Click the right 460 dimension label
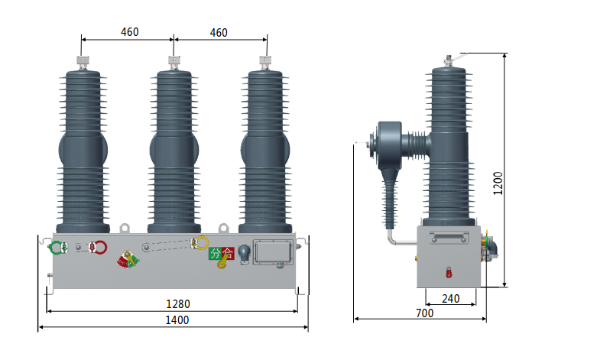219,32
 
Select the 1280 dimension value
178,303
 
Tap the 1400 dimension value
177,320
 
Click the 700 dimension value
424,313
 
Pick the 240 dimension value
451,299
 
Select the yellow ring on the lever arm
203,243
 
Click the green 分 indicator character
216,253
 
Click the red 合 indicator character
228,253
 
